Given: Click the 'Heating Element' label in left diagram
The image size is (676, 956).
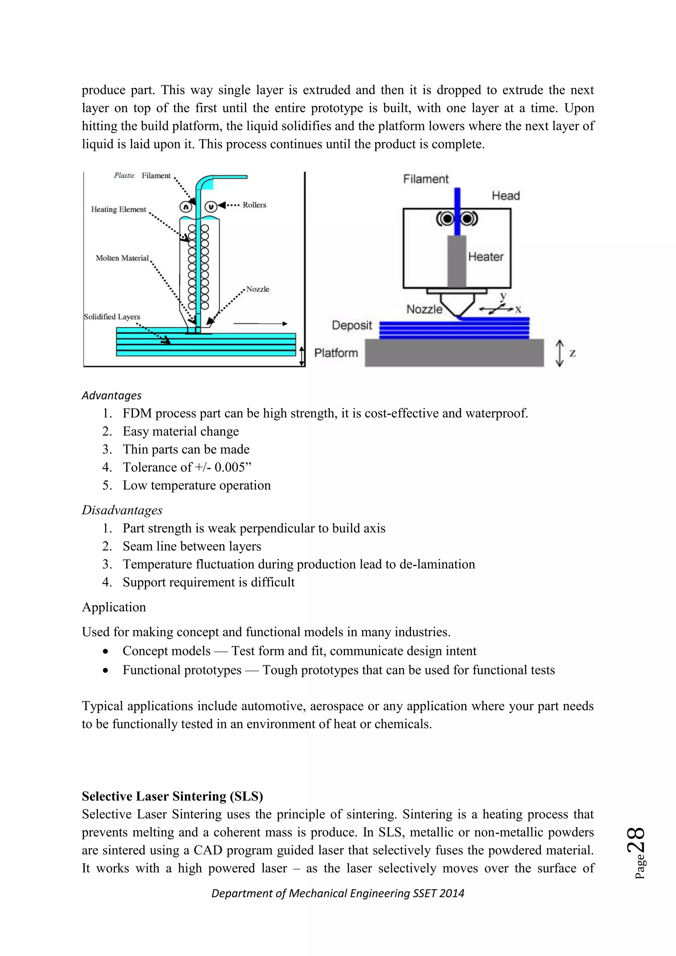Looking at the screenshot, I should click(118, 209).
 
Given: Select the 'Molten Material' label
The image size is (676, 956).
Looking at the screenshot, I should click(122, 258).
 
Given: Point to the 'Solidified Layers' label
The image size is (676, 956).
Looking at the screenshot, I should click(112, 317).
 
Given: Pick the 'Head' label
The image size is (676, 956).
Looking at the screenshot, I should click(505, 196).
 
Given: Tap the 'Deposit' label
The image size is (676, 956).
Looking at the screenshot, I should click(352, 325).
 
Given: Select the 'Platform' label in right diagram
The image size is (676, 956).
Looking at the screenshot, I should click(336, 353).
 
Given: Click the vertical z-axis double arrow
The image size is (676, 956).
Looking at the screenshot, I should click(559, 353).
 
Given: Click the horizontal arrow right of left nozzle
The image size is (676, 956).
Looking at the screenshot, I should click(260, 324).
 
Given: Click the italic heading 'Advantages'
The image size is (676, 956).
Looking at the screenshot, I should click(112, 395).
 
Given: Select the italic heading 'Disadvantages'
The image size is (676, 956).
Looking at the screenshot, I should click(122, 510).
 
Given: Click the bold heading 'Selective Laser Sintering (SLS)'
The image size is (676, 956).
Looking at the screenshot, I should click(172, 796).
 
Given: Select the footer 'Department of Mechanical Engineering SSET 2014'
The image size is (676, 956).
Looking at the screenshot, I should click(338, 893).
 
